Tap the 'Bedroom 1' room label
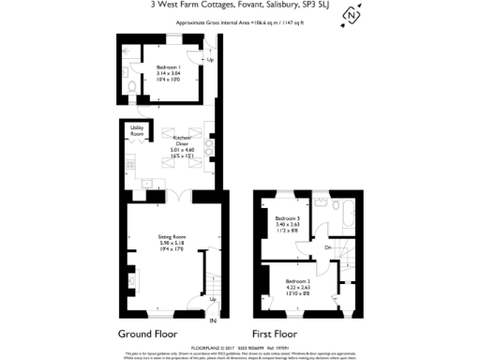(169, 67)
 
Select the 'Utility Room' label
(137, 129)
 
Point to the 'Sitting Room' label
(170, 237)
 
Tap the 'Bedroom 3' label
(288, 218)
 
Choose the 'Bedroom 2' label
(297, 281)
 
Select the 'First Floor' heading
(275, 334)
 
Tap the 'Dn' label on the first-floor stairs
(327, 247)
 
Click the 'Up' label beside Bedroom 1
(210, 61)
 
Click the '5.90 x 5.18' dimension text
(170, 244)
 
